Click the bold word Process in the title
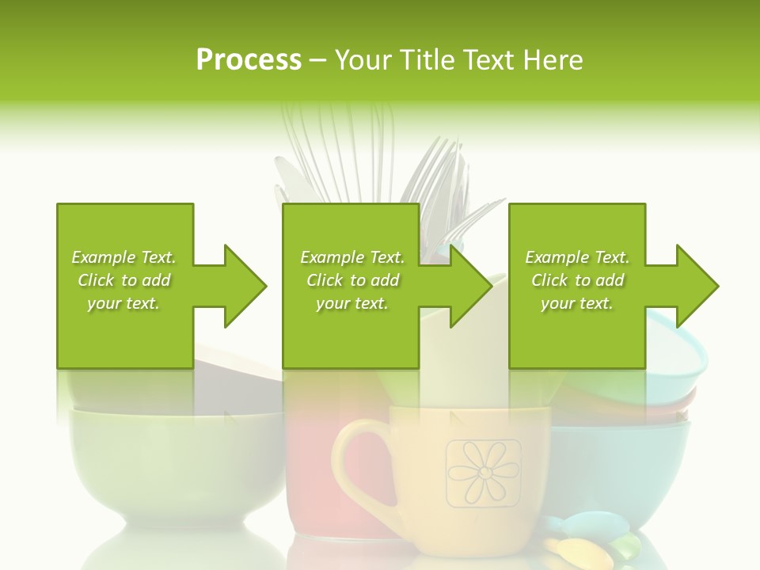coord(249,60)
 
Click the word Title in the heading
coord(427,60)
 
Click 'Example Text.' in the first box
coord(123,257)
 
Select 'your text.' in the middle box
coord(351,303)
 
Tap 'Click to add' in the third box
coord(577,280)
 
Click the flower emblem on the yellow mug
coord(483,473)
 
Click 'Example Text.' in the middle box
coord(351,257)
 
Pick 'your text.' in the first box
coord(123,303)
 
